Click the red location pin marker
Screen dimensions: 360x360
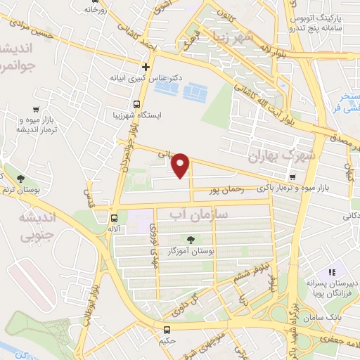tap(181, 165)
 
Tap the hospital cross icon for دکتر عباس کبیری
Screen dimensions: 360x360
tap(146, 67)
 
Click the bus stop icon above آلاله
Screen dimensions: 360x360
tap(115, 217)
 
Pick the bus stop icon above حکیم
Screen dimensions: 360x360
tap(167, 330)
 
